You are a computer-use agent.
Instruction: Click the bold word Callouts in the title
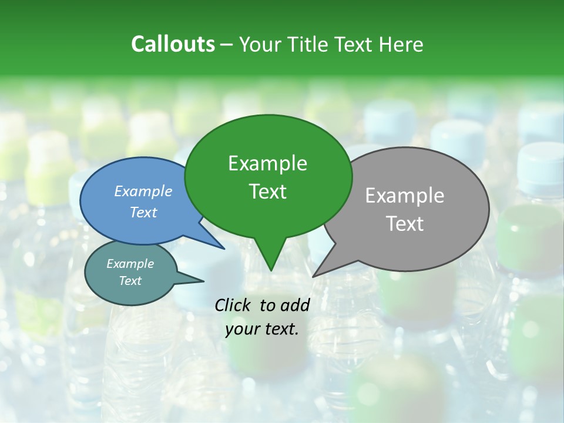click(x=173, y=44)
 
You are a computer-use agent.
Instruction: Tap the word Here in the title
click(x=401, y=44)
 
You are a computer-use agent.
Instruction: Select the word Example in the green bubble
click(x=267, y=163)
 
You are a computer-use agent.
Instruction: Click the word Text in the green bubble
click(x=267, y=192)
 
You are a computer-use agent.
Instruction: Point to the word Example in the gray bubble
click(x=405, y=196)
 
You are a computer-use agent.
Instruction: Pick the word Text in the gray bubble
click(x=405, y=224)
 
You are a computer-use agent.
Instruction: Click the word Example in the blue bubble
click(x=143, y=191)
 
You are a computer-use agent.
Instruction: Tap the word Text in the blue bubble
click(x=143, y=212)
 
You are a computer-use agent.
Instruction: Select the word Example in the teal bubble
click(x=130, y=264)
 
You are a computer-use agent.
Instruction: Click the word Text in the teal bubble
click(x=130, y=281)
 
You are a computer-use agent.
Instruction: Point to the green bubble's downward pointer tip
click(x=270, y=270)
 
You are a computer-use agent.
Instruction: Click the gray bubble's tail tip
click(x=314, y=276)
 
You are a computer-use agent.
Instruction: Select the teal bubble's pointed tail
click(x=202, y=281)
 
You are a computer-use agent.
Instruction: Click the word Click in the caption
click(x=234, y=305)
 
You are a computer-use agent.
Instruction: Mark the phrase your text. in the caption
click(x=262, y=329)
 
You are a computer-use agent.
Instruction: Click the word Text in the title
click(x=354, y=44)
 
